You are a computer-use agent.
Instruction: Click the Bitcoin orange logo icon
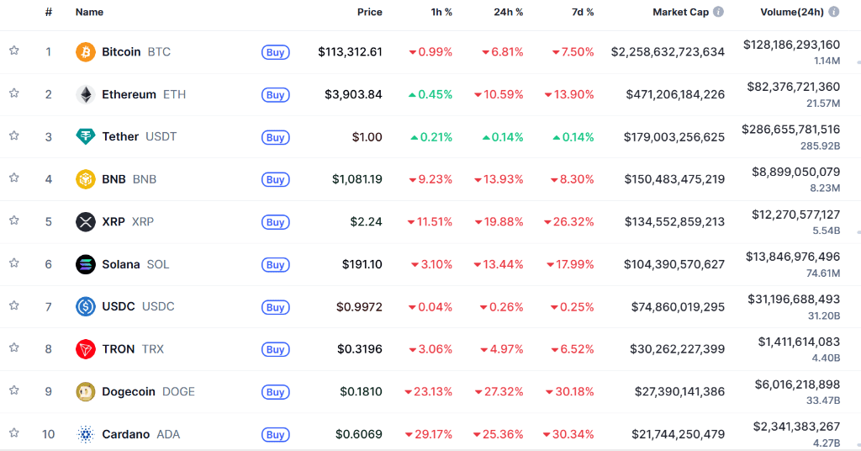[86, 52]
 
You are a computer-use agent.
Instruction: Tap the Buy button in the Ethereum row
[275, 95]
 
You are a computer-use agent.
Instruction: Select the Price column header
[369, 13]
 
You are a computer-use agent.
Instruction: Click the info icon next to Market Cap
[718, 13]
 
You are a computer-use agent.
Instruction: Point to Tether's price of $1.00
[367, 137]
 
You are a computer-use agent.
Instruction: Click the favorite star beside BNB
[14, 178]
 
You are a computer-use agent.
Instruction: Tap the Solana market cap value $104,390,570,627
[674, 264]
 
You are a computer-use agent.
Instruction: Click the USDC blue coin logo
[86, 307]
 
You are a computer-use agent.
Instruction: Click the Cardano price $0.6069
[359, 434]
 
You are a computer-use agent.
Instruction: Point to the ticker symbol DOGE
[178, 391]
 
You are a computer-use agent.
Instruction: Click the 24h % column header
[508, 13]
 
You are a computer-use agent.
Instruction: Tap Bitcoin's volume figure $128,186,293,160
[791, 45]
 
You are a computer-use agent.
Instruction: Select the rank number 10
[49, 434]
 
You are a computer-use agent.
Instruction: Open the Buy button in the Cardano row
[275, 435]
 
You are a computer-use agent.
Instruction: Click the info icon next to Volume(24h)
[833, 13]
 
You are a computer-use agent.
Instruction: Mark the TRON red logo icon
[86, 349]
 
